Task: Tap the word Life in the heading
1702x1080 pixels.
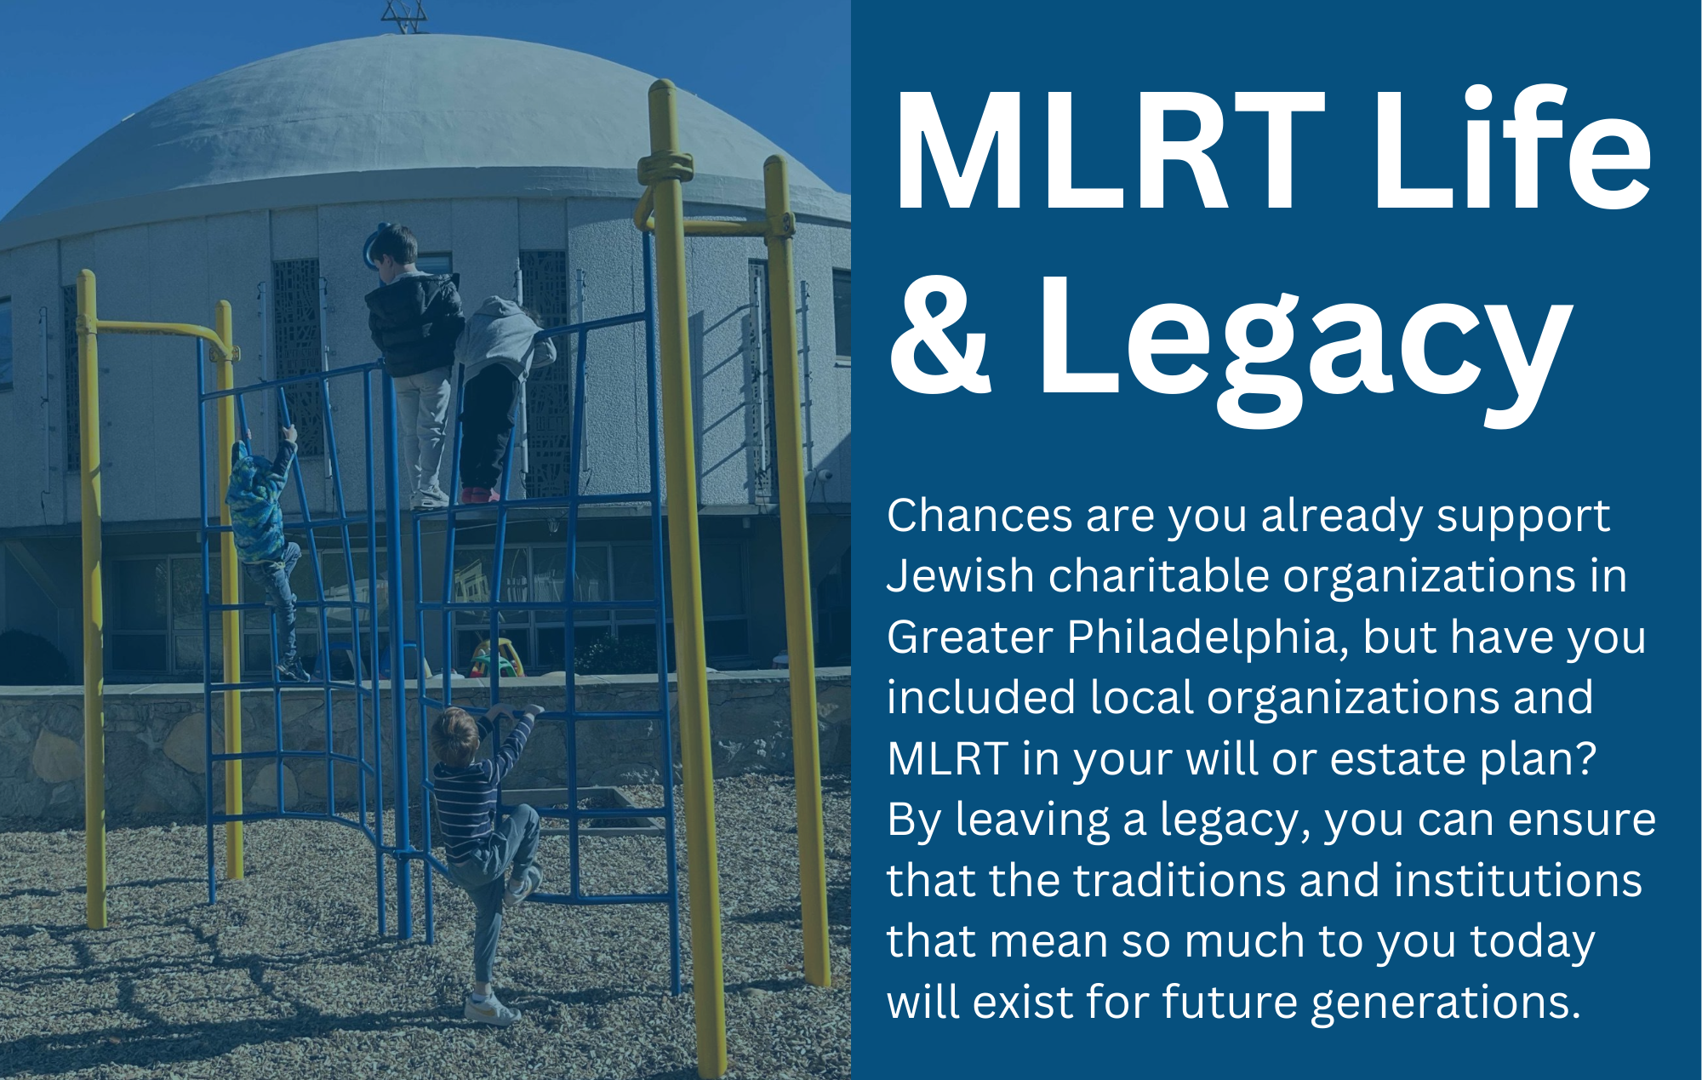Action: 1511,151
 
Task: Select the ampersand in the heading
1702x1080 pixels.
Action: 940,336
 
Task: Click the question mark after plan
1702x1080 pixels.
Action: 1585,758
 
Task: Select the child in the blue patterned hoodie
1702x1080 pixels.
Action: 260,511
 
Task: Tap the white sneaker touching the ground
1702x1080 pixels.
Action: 490,1010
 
